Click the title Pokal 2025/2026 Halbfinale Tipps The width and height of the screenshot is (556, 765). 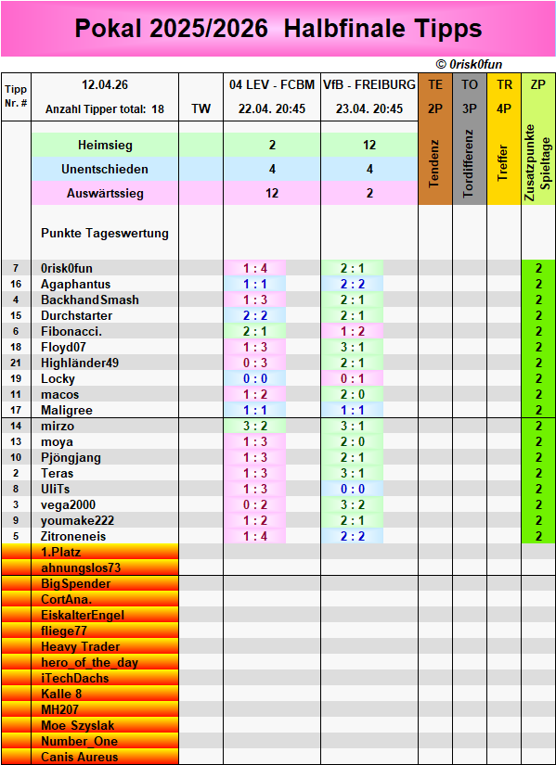[278, 29]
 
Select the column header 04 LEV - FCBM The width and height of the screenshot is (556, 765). [271, 84]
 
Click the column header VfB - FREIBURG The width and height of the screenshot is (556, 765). [369, 84]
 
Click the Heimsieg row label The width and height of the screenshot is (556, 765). [105, 146]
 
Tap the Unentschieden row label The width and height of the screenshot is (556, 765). [105, 170]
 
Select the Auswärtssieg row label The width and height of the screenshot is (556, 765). [105, 194]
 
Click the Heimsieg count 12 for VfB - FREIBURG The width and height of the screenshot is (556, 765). [369, 146]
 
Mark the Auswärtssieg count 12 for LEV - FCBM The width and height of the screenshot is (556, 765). [271, 194]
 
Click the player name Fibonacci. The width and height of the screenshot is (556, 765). [71, 331]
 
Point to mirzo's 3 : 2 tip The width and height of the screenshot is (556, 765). [255, 426]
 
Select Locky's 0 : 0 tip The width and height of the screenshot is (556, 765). [255, 378]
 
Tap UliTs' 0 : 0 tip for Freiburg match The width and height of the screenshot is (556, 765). [352, 489]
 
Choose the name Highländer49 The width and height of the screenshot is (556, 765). [80, 363]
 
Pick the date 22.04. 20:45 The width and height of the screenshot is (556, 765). [271, 108]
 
